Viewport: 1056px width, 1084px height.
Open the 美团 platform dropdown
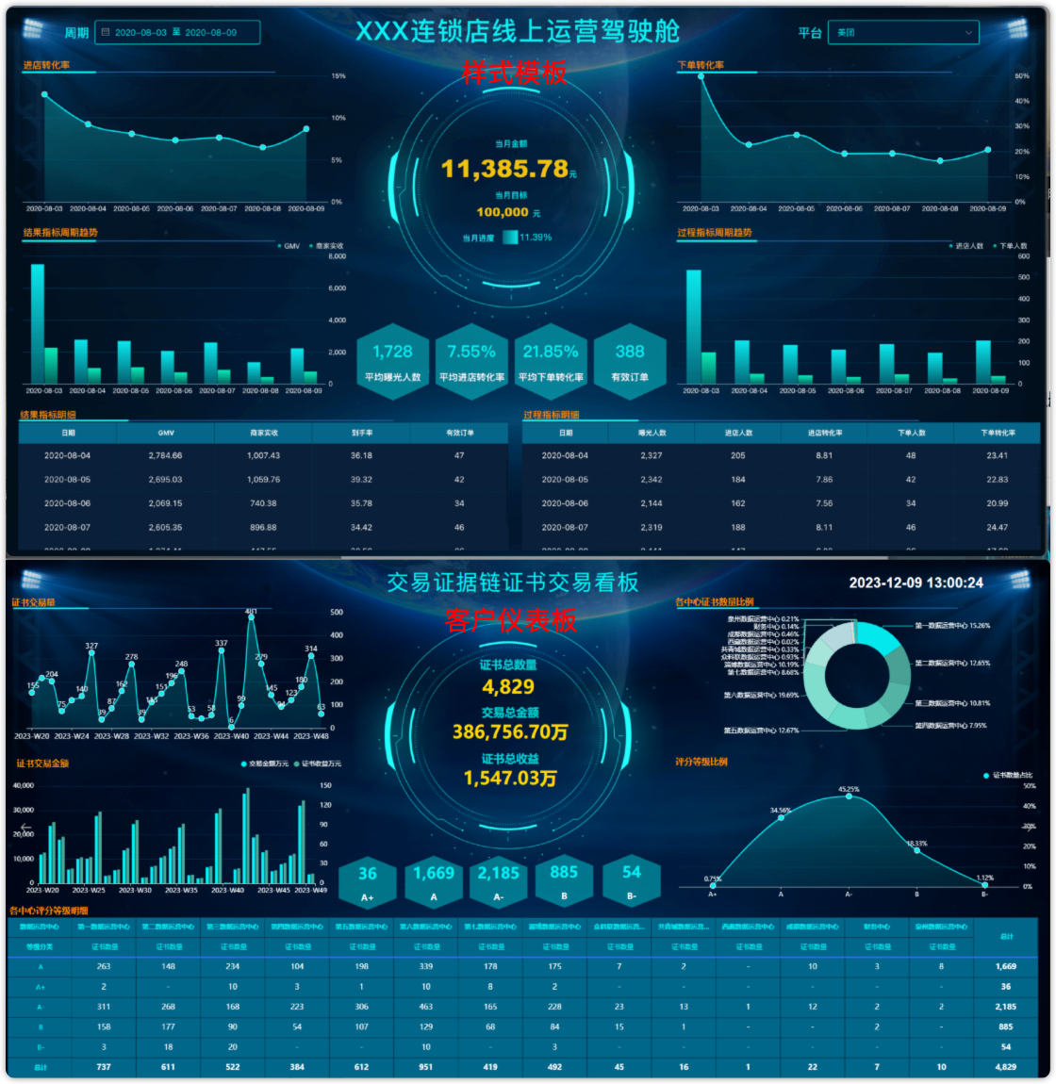pyautogui.click(x=903, y=32)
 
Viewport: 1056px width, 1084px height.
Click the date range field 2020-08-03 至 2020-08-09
pyautogui.click(x=177, y=32)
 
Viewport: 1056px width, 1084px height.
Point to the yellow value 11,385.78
pyautogui.click(x=505, y=169)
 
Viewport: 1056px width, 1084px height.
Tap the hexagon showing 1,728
pyautogui.click(x=392, y=360)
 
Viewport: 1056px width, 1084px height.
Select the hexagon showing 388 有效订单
pyautogui.click(x=630, y=360)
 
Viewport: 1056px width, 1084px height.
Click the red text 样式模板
pyautogui.click(x=515, y=73)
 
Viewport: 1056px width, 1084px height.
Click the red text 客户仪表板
pyautogui.click(x=511, y=620)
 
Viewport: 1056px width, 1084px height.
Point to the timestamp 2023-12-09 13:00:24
pyautogui.click(x=916, y=583)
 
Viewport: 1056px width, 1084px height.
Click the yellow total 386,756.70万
pyautogui.click(x=510, y=732)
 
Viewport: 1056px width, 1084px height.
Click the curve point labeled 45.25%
pyautogui.click(x=849, y=797)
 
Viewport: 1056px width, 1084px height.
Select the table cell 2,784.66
pyautogui.click(x=165, y=455)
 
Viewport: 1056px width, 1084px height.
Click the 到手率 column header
pyautogui.click(x=361, y=433)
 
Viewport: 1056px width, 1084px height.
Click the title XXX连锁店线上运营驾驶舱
pyautogui.click(x=518, y=31)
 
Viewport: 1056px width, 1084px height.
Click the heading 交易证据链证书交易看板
pyautogui.click(x=513, y=583)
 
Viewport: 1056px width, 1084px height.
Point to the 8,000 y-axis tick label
pyautogui.click(x=337, y=256)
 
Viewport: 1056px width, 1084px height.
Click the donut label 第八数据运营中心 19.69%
pyautogui.click(x=761, y=696)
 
